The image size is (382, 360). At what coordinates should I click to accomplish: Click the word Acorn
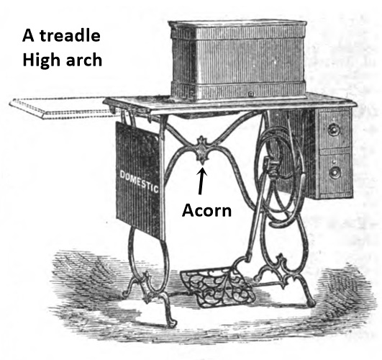[x=206, y=210]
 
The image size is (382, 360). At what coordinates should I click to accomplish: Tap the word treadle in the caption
[x=71, y=35]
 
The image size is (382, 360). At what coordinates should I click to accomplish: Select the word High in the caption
[x=41, y=60]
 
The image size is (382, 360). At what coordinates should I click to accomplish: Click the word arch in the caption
[x=83, y=60]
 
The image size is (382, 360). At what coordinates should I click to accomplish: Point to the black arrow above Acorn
[x=201, y=181]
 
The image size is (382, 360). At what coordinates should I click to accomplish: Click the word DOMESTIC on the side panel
[x=139, y=181]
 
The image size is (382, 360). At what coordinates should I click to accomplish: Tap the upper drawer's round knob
[x=333, y=130]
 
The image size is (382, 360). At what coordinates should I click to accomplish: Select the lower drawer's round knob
[x=335, y=173]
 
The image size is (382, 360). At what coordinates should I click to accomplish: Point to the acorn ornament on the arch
[x=202, y=150]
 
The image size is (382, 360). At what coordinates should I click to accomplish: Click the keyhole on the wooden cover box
[x=250, y=94]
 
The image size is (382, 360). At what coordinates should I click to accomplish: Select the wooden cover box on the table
[x=238, y=60]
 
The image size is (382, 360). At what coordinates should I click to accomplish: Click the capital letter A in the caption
[x=28, y=35]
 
